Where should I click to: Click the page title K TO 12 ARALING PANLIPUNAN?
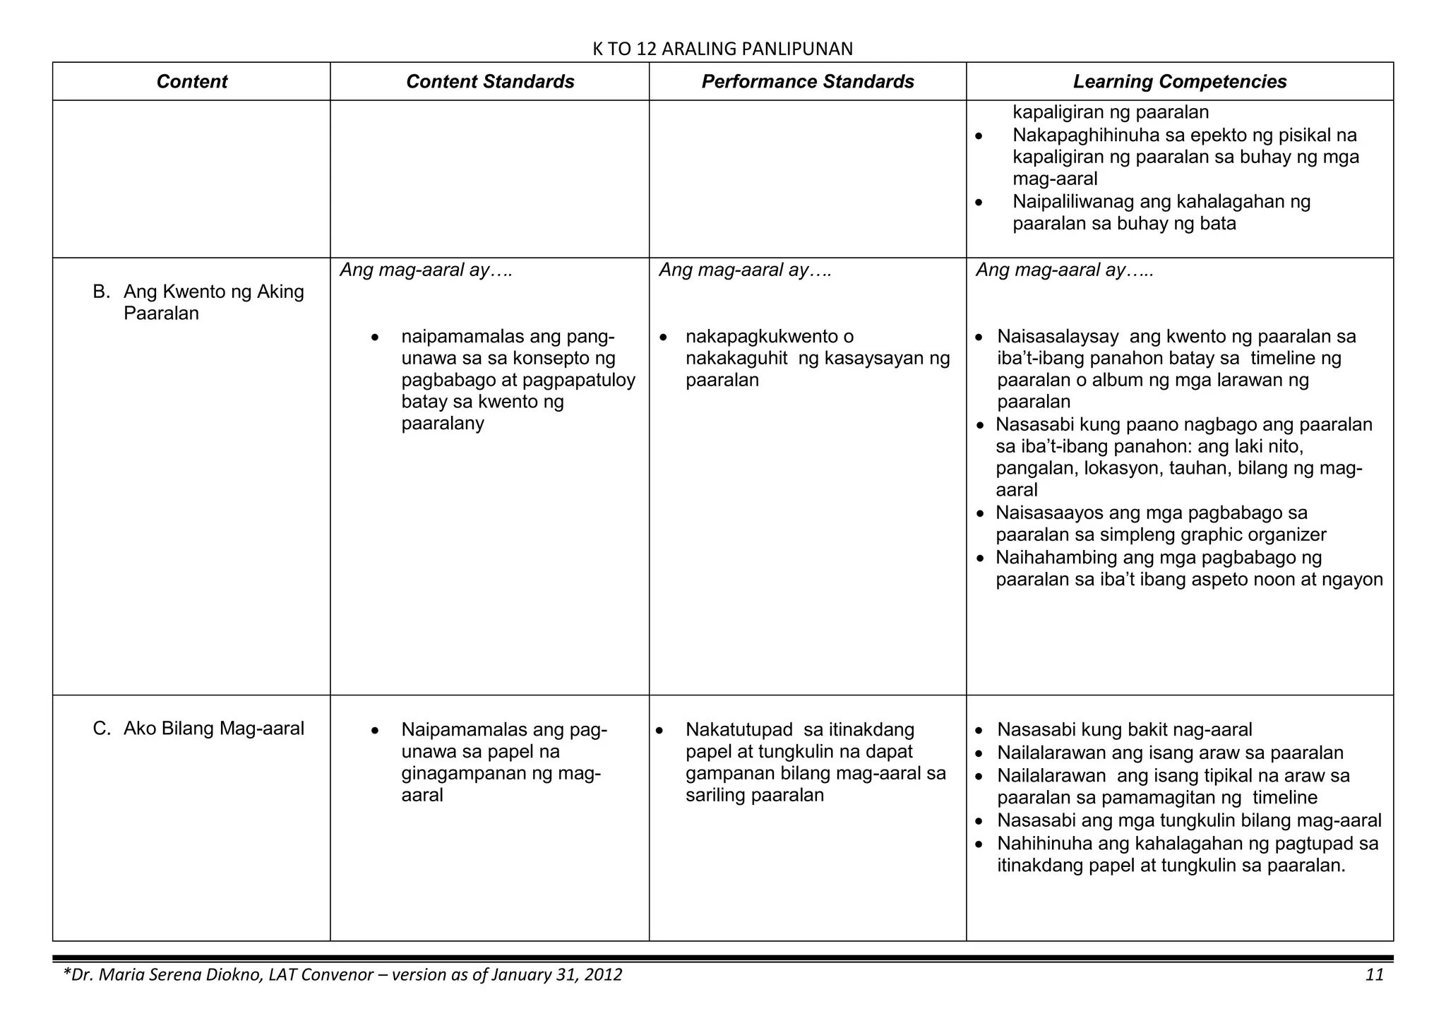(722, 49)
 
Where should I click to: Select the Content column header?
(191, 82)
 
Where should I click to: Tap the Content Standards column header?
(490, 82)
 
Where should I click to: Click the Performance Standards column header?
(808, 82)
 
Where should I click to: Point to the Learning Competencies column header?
(1180, 82)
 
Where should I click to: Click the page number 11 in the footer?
(1374, 975)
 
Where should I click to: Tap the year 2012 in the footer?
(599, 975)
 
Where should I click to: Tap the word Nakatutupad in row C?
(739, 729)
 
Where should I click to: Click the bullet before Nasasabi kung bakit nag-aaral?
(979, 731)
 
